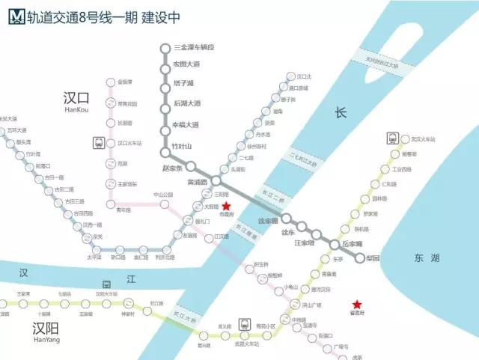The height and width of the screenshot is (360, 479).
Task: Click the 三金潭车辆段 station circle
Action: [165, 49]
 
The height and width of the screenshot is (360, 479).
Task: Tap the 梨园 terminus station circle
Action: [359, 258]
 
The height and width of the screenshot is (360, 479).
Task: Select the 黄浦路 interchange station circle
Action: [216, 181]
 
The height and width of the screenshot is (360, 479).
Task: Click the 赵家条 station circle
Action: [191, 166]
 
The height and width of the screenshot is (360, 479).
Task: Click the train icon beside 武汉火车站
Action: [392, 138]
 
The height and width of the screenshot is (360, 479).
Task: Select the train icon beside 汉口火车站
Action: [99, 142]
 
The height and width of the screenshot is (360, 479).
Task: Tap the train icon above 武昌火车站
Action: [244, 325]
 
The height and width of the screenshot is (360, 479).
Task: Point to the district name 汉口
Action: [77, 99]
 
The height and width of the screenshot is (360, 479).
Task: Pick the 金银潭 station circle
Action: [110, 82]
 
